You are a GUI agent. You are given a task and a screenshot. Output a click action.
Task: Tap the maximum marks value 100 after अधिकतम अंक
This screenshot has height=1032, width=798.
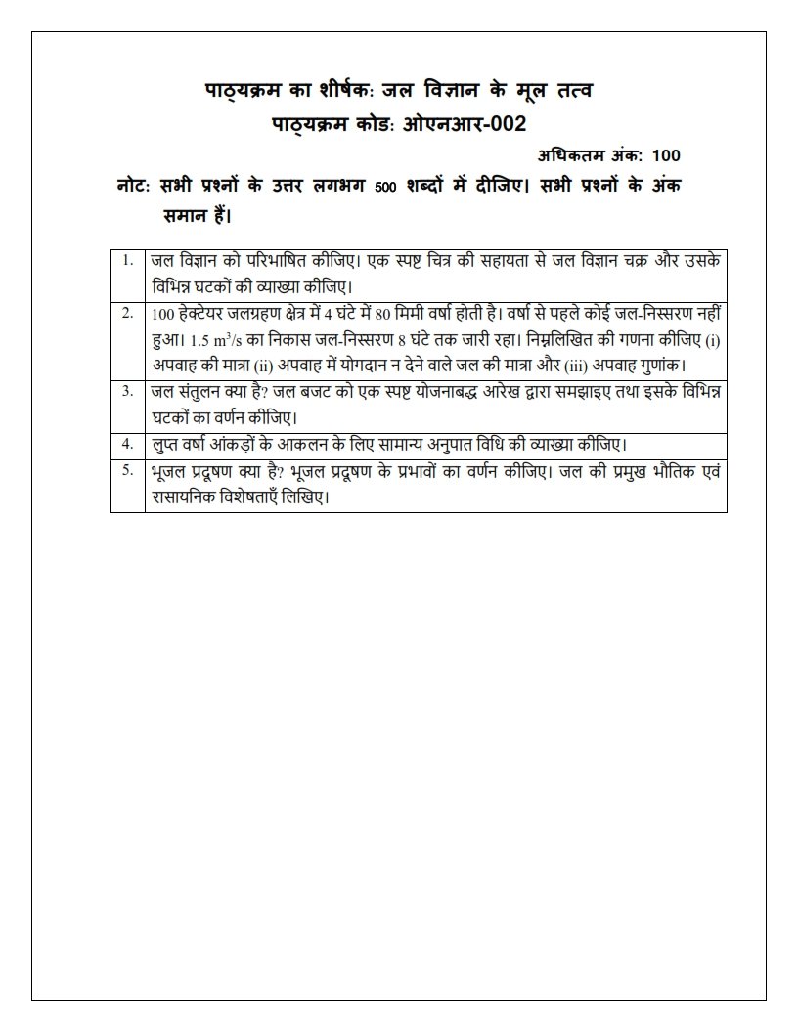666,155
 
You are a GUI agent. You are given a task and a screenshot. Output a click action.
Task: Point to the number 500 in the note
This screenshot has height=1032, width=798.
383,189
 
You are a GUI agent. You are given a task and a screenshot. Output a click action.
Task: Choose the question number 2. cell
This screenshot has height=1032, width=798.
127,313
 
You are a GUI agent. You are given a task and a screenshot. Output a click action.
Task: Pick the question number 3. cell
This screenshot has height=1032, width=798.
127,391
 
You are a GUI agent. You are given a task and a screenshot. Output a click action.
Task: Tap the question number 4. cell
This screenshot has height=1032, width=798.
127,443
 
